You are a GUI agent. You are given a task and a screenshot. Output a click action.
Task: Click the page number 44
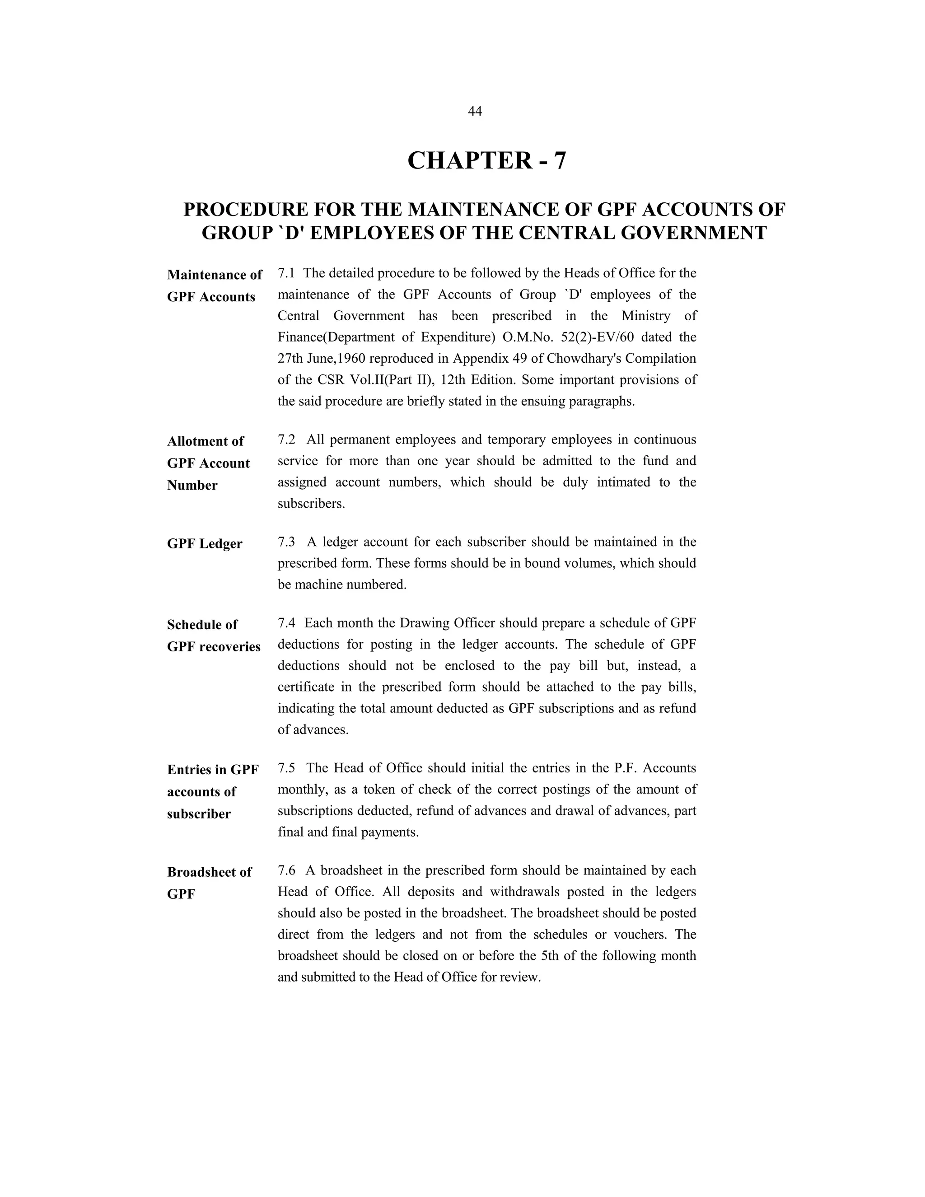point(475,111)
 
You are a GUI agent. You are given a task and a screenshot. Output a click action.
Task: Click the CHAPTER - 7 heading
point(486,161)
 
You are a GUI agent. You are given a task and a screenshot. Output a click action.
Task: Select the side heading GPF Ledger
point(205,544)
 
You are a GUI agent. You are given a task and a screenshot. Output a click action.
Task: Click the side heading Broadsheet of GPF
point(209,883)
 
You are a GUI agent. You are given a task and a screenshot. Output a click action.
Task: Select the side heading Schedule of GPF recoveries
point(213,636)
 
